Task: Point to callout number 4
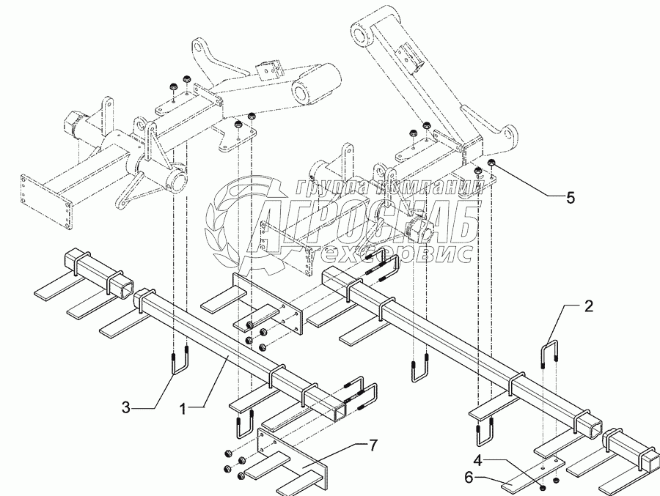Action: tap(477, 462)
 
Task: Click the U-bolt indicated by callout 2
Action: tap(549, 355)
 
